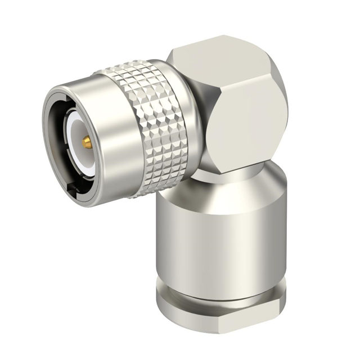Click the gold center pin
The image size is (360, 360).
(88, 143)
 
